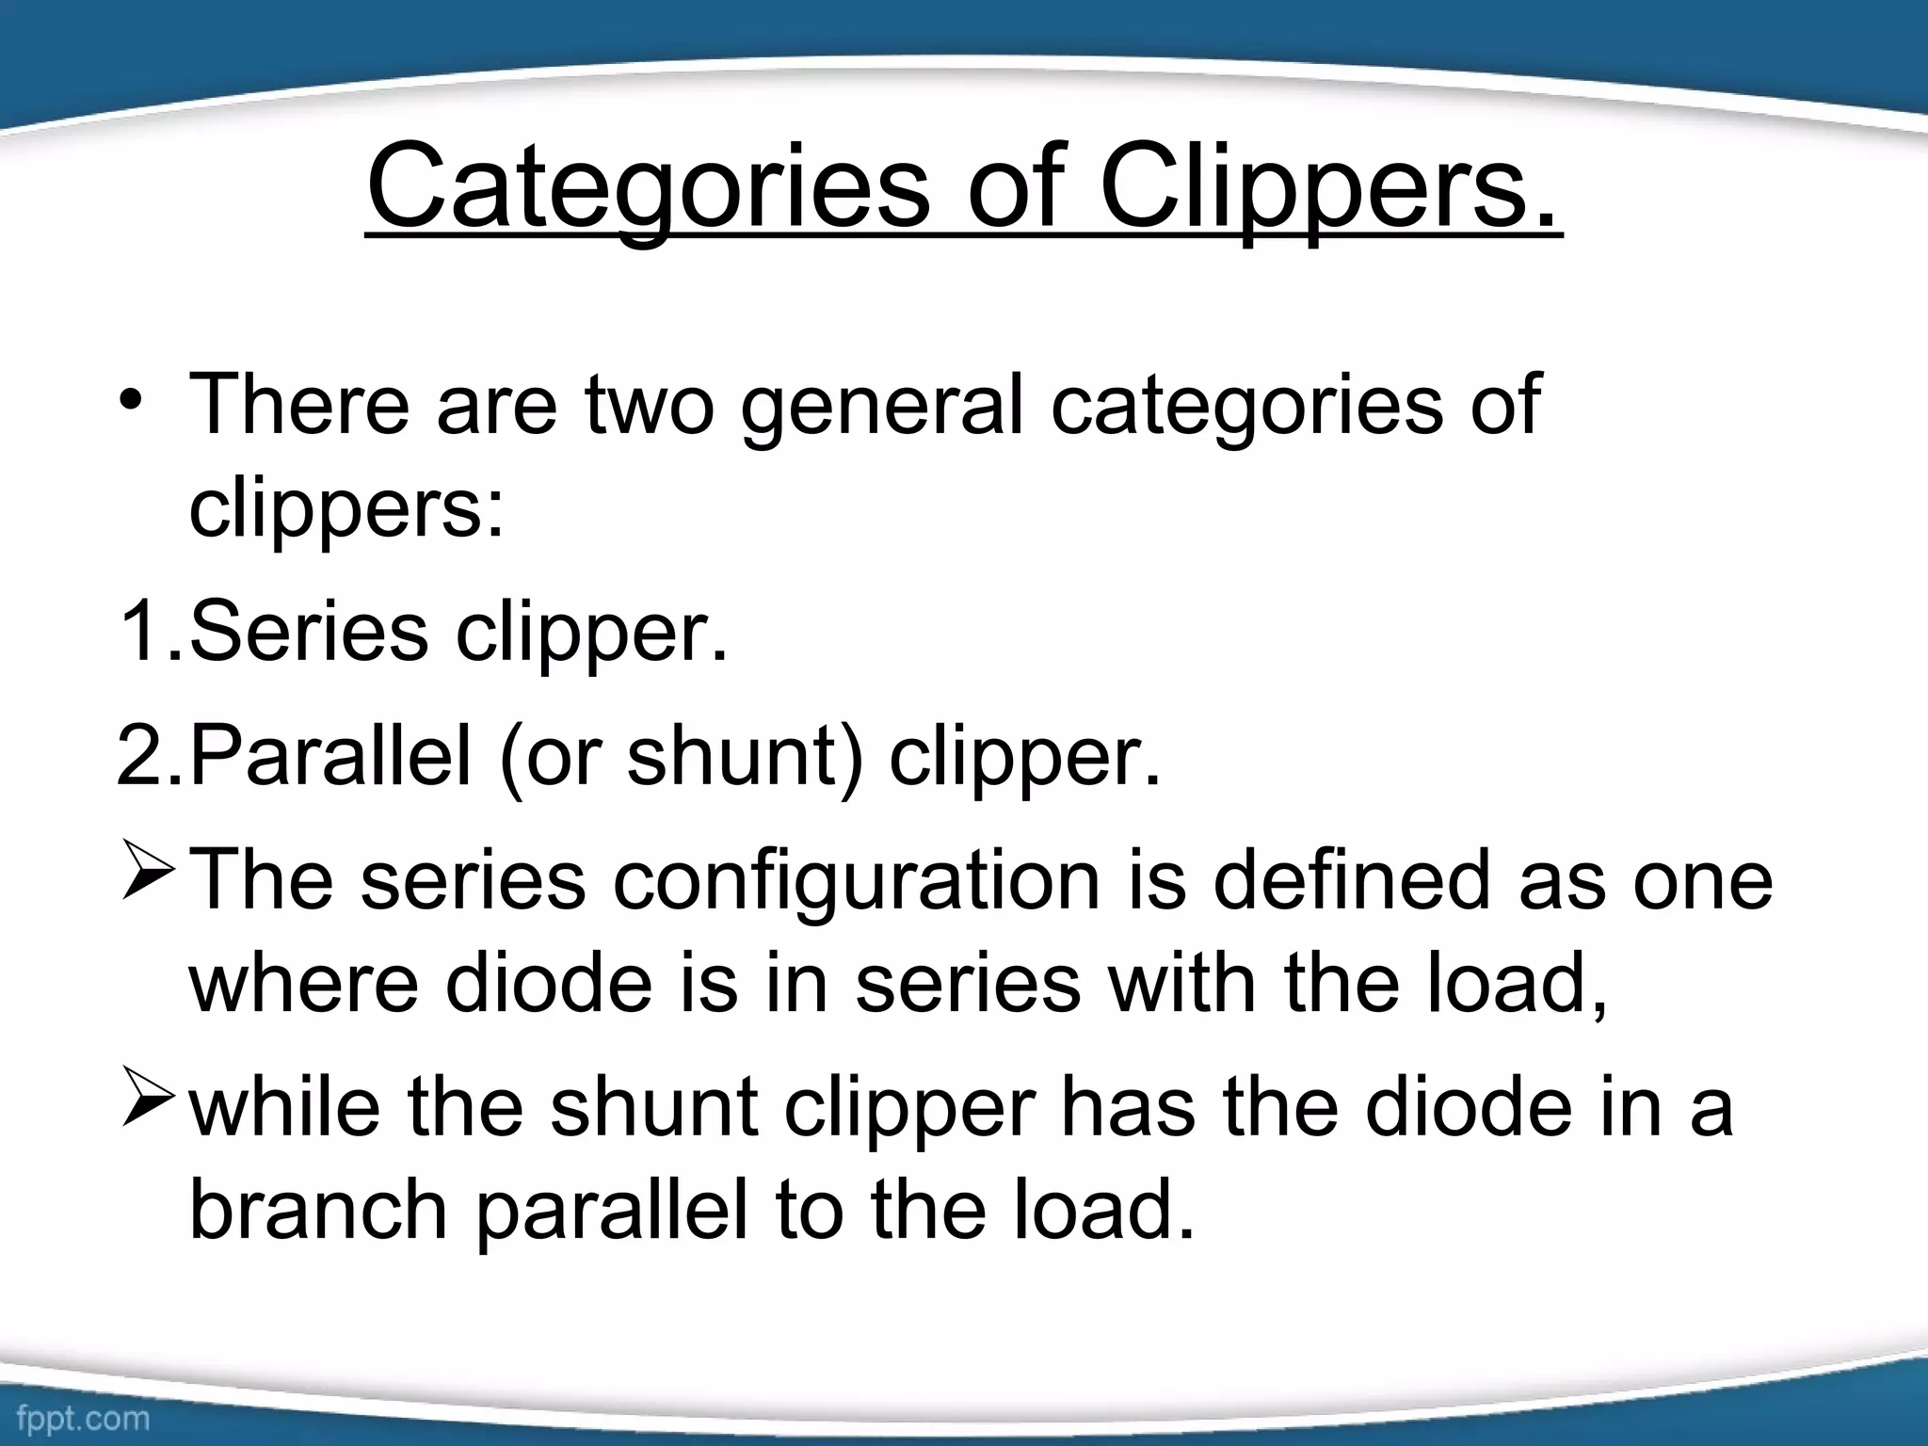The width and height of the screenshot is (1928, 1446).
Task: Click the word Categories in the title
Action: (649, 188)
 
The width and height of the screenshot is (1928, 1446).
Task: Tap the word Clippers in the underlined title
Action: (1328, 188)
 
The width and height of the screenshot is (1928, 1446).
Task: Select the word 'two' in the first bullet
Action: (650, 405)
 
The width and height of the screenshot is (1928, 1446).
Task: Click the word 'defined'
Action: (1351, 881)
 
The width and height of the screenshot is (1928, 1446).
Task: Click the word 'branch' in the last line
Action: (318, 1211)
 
